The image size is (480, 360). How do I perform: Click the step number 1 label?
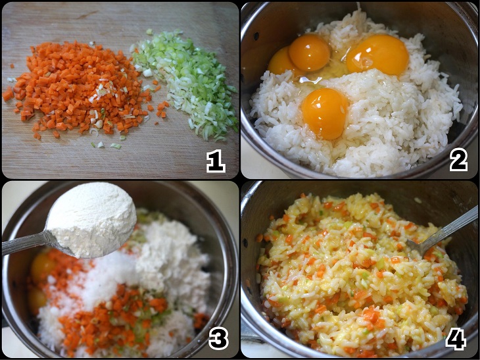216,160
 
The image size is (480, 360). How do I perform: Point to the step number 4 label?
456,338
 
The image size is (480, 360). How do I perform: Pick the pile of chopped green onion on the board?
187,82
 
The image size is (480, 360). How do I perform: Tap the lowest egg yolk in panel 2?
325,113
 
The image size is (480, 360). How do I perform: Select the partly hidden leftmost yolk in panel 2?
281,61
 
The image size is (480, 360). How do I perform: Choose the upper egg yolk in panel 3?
43,266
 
